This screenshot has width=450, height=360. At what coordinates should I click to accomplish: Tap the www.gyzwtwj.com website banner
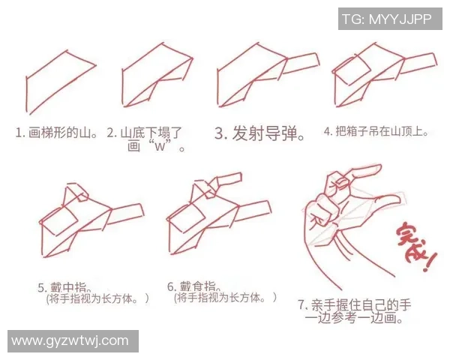[x=70, y=341]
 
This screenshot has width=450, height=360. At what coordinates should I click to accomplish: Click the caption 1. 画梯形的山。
[x=57, y=133]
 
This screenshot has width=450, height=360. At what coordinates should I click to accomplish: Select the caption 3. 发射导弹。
[x=259, y=134]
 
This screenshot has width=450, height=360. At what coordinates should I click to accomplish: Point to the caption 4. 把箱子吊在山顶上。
[x=376, y=131]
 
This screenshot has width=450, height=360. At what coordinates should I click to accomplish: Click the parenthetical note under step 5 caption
[x=97, y=298]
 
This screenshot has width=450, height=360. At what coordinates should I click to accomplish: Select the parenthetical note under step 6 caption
[x=225, y=298]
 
